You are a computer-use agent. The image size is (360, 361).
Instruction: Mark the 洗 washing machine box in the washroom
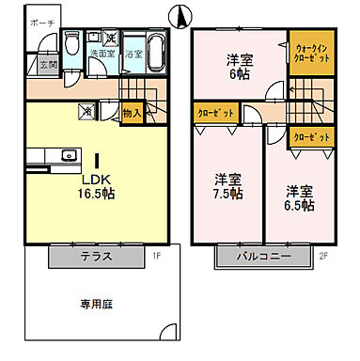tap(110, 39)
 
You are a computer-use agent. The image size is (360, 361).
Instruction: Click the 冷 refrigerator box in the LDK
tap(87, 111)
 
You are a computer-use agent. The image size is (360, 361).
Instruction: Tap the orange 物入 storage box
tap(132, 113)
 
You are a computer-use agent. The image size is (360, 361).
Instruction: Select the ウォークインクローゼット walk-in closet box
tap(311, 53)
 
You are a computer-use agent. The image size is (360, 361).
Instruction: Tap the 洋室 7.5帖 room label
tap(226, 186)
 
